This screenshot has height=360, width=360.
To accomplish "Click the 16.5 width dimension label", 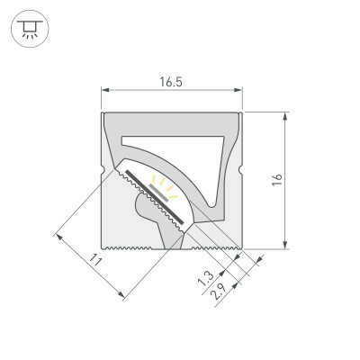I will pos(171,82).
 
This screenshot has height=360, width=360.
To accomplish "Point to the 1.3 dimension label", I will pos(205,280).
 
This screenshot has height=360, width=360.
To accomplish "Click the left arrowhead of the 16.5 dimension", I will pos(103,90).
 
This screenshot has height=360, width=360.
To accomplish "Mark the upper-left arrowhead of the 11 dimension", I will pos(58,237).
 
